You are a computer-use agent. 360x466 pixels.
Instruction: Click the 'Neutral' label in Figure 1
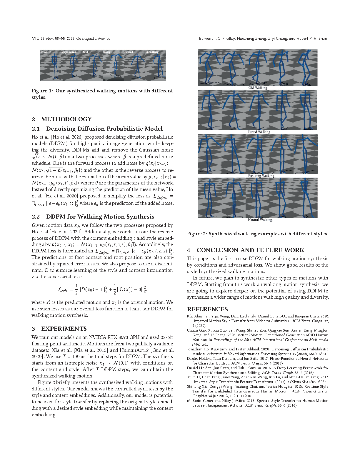pyautogui.click(x=46, y=52)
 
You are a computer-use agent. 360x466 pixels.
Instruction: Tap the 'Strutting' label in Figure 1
pyautogui.click(x=152, y=52)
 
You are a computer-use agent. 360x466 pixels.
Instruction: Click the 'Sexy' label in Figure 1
pyautogui.click(x=107, y=52)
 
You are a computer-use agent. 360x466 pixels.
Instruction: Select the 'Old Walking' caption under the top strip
pyautogui.click(x=258, y=88)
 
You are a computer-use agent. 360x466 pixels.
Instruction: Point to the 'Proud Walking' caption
pyautogui.click(x=259, y=132)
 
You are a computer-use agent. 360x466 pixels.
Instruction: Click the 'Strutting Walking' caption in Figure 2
pyautogui.click(x=261, y=176)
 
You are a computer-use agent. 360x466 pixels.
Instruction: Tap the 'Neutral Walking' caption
pyautogui.click(x=260, y=220)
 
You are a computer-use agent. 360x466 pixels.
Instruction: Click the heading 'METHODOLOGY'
pyautogui.click(x=66, y=119)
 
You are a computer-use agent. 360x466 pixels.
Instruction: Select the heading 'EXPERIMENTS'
pyautogui.click(x=64, y=329)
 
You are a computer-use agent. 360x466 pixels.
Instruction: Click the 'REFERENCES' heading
pyautogui.click(x=207, y=309)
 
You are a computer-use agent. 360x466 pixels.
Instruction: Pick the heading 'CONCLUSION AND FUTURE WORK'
pyautogui.click(x=250, y=250)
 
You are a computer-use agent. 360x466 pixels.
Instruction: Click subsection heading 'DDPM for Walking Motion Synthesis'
pyautogui.click(x=100, y=217)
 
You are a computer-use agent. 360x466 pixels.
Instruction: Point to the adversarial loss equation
pyautogui.click(x=102, y=289)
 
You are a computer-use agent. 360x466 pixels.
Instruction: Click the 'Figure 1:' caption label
pyautogui.click(x=42, y=91)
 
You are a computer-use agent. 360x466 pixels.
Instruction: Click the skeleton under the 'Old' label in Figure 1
pyautogui.click(x=94, y=66)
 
